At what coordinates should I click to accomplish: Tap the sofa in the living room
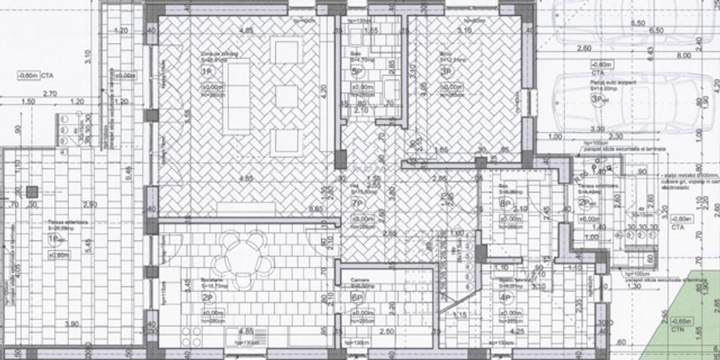coord(235,95)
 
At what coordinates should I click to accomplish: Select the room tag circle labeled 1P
coord(206,71)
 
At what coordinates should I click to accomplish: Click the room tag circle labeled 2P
coord(206,298)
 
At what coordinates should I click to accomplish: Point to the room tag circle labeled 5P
coord(358,71)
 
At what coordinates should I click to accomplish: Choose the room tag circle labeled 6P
coord(358,297)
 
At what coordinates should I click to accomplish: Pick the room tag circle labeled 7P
coord(358,204)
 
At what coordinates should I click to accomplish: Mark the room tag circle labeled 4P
coord(506,298)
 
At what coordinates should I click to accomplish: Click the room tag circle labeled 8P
coord(506,203)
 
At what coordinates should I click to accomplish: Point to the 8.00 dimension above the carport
coord(682,56)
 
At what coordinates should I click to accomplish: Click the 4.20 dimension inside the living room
coord(325,91)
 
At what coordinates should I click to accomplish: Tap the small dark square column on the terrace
coord(32,191)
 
